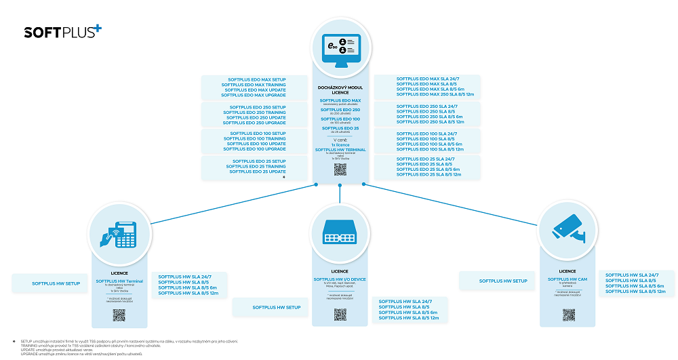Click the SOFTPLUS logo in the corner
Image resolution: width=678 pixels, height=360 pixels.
tap(62, 31)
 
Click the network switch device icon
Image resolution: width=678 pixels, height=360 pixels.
tap(340, 234)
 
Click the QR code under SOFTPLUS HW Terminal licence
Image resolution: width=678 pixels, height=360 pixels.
tap(119, 315)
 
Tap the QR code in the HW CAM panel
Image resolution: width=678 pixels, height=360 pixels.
tap(568, 315)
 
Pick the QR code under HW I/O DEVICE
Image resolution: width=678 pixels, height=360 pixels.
tap(340, 314)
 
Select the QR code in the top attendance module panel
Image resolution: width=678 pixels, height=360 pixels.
tap(340, 169)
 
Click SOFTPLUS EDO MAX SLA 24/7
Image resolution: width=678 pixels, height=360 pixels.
tap(426, 79)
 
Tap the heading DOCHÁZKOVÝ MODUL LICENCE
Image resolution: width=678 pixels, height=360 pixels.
tap(340, 89)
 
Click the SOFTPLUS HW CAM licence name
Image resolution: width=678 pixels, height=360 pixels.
tap(568, 278)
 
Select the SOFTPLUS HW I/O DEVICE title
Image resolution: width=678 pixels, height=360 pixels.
tap(340, 279)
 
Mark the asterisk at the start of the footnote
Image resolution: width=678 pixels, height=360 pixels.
tap(14, 340)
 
